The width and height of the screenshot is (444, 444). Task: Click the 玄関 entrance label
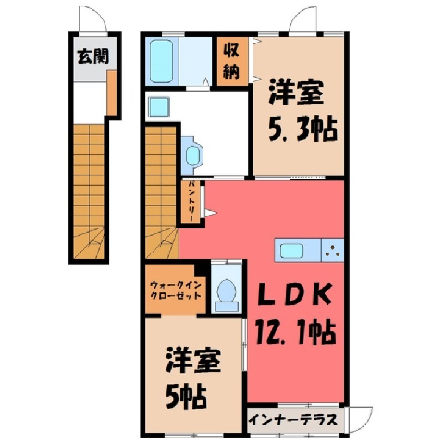[92, 56]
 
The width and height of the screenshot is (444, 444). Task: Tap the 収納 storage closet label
[231, 61]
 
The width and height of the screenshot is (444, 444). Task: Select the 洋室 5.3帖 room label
[302, 111]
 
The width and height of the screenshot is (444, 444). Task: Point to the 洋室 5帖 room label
[193, 378]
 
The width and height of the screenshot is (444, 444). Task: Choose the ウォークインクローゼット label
[176, 290]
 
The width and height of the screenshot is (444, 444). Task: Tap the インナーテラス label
[292, 420]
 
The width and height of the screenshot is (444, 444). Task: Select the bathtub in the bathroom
[161, 61]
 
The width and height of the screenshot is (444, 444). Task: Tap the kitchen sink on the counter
[291, 251]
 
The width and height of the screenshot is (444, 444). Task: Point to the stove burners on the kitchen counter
[333, 250]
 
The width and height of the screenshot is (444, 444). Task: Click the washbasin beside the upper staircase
[192, 155]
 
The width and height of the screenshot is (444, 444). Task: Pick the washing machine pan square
[159, 106]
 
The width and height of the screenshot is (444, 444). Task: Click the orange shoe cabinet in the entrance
[112, 92]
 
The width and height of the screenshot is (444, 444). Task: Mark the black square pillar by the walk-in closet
[201, 267]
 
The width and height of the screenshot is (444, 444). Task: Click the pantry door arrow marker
[211, 213]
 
